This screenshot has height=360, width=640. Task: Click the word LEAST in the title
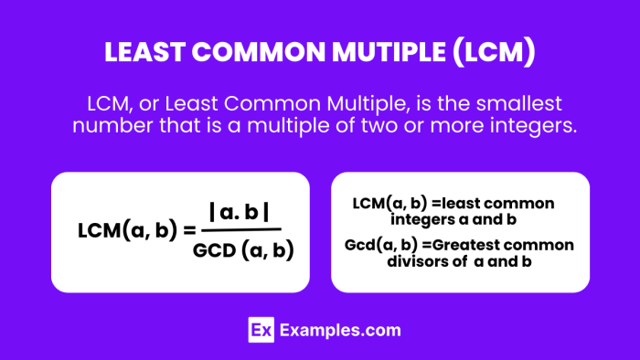point(146,54)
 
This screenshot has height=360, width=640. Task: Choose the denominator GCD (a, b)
point(243,249)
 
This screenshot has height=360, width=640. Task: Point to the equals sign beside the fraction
point(190,230)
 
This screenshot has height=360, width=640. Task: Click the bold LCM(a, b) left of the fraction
point(128,230)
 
